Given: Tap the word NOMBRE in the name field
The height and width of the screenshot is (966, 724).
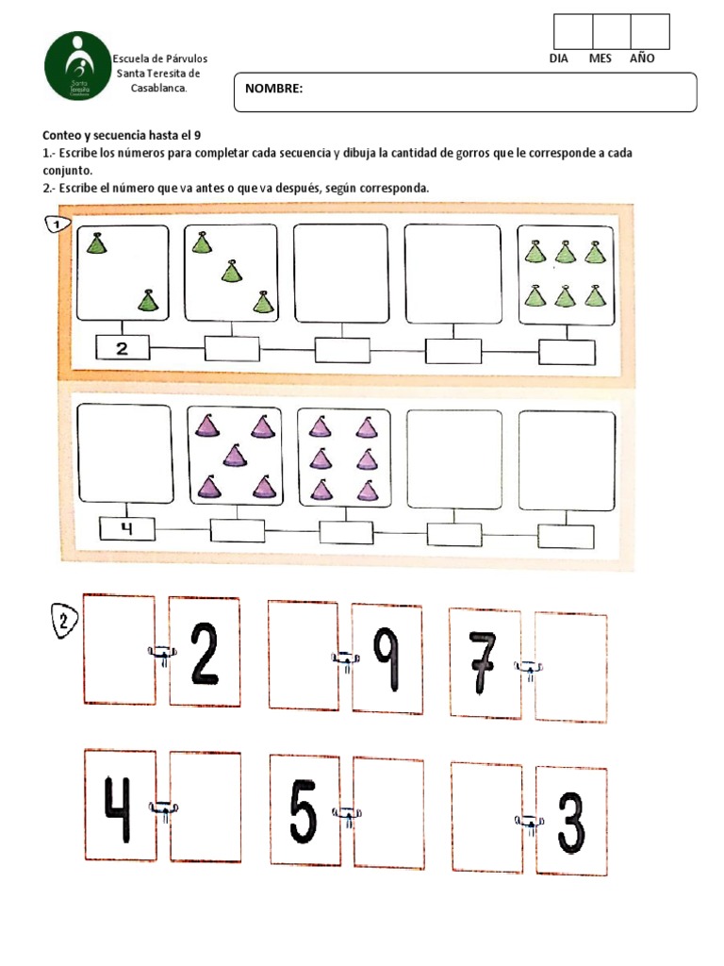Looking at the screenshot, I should (x=273, y=89).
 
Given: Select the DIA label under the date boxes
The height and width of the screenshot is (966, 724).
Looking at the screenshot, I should (x=561, y=58).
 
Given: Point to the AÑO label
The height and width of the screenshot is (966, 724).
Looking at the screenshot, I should (x=642, y=58).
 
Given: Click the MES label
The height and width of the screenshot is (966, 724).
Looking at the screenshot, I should (x=601, y=58).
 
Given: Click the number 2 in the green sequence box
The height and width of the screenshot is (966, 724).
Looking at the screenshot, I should (x=122, y=349).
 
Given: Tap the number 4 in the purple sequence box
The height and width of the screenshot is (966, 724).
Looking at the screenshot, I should (x=125, y=529).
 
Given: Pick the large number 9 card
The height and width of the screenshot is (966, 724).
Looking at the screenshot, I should (x=387, y=658).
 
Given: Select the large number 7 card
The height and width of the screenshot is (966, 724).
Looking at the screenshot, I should (x=484, y=663).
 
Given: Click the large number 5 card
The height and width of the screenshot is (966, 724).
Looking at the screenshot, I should (x=304, y=810).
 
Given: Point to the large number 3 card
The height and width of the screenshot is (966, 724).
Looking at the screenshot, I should (x=571, y=822).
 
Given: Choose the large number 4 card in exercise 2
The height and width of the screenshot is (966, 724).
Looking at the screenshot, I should (x=120, y=807).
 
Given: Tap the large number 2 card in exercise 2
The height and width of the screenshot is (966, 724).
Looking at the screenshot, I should (x=205, y=652).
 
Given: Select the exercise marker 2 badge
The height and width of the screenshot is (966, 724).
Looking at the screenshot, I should (x=62, y=621).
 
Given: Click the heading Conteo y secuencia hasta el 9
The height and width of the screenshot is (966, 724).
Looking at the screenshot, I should (x=122, y=136).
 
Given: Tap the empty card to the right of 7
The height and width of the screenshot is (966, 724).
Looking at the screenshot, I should (x=570, y=667).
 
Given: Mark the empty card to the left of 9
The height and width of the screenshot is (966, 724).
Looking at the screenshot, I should (x=303, y=654).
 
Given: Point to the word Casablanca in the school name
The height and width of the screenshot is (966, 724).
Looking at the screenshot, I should (x=158, y=88).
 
